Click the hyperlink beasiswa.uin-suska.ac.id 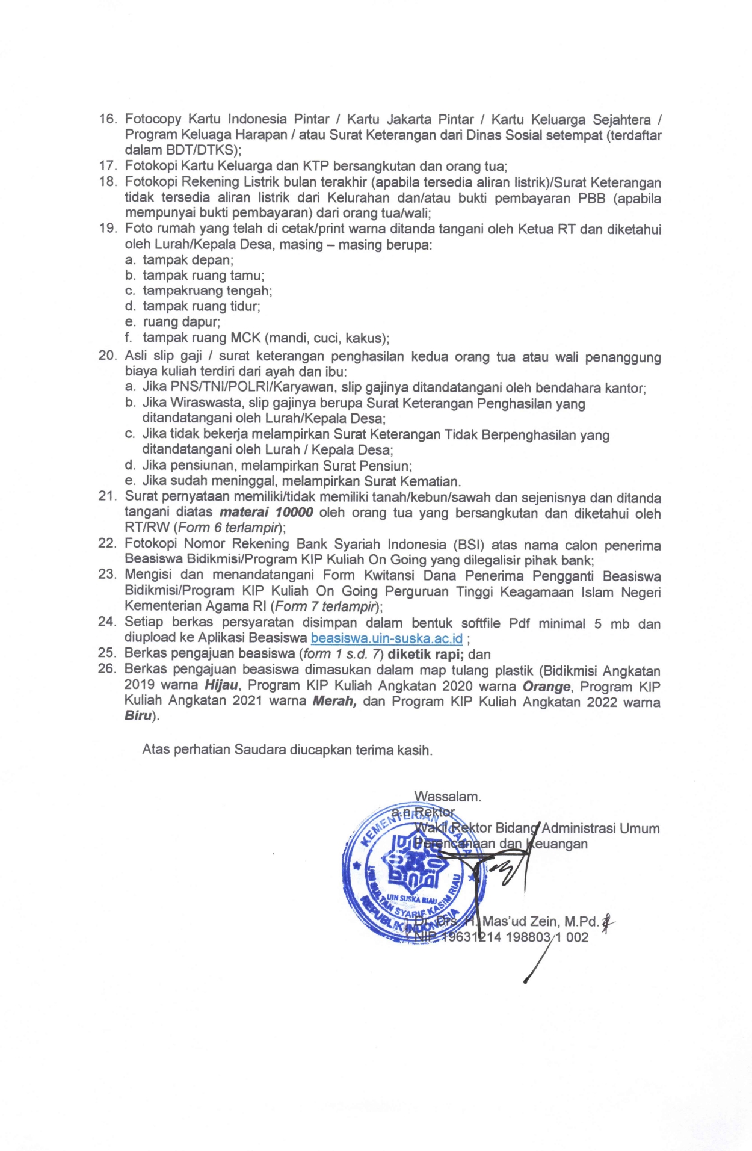pos(386,638)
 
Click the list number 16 pos(108,119)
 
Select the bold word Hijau pos(221,685)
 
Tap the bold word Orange pos(546,687)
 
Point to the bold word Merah pos(334,702)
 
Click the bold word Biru pos(138,717)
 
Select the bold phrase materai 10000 pos(266,513)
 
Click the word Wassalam pos(447,797)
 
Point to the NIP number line pos(502,937)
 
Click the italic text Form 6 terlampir pos(229,528)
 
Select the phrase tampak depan pos(188,261)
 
